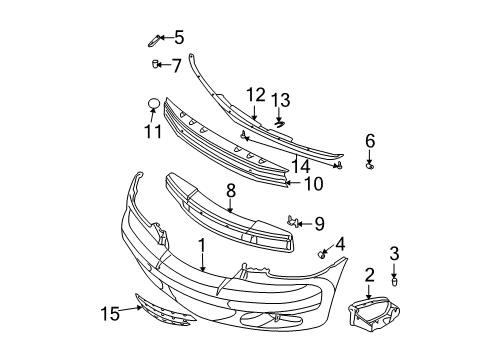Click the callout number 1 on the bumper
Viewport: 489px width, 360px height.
tap(202, 245)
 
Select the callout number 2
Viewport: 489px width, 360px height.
tap(369, 274)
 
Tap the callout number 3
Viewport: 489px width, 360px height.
tap(394, 253)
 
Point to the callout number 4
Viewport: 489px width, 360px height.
tap(340, 242)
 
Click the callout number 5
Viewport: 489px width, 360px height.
tap(178, 38)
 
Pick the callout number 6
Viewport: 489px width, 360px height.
tap(369, 141)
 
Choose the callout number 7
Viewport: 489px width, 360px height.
tap(176, 66)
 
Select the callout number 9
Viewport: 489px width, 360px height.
tap(319, 222)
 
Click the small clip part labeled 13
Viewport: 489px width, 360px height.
tap(279, 123)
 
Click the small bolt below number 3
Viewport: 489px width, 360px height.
tap(394, 281)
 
